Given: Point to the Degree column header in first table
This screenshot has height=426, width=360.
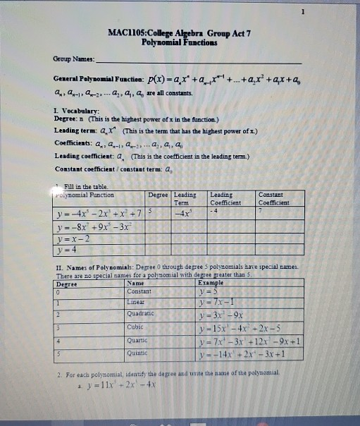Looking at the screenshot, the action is pyautogui.click(x=159, y=193).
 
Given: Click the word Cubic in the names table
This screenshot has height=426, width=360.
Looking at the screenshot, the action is pyautogui.click(x=135, y=327).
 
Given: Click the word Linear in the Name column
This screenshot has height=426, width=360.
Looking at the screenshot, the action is pyautogui.click(x=135, y=302).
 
